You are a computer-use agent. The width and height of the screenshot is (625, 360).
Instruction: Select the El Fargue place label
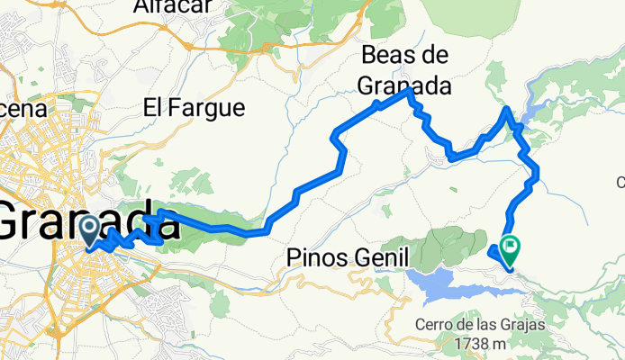(x=194, y=109)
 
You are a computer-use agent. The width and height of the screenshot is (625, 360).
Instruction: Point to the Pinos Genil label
(x=347, y=257)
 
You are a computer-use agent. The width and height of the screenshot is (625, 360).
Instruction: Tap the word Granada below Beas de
(x=403, y=86)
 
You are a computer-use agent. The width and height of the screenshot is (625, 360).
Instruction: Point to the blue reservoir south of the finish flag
(x=450, y=287)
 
